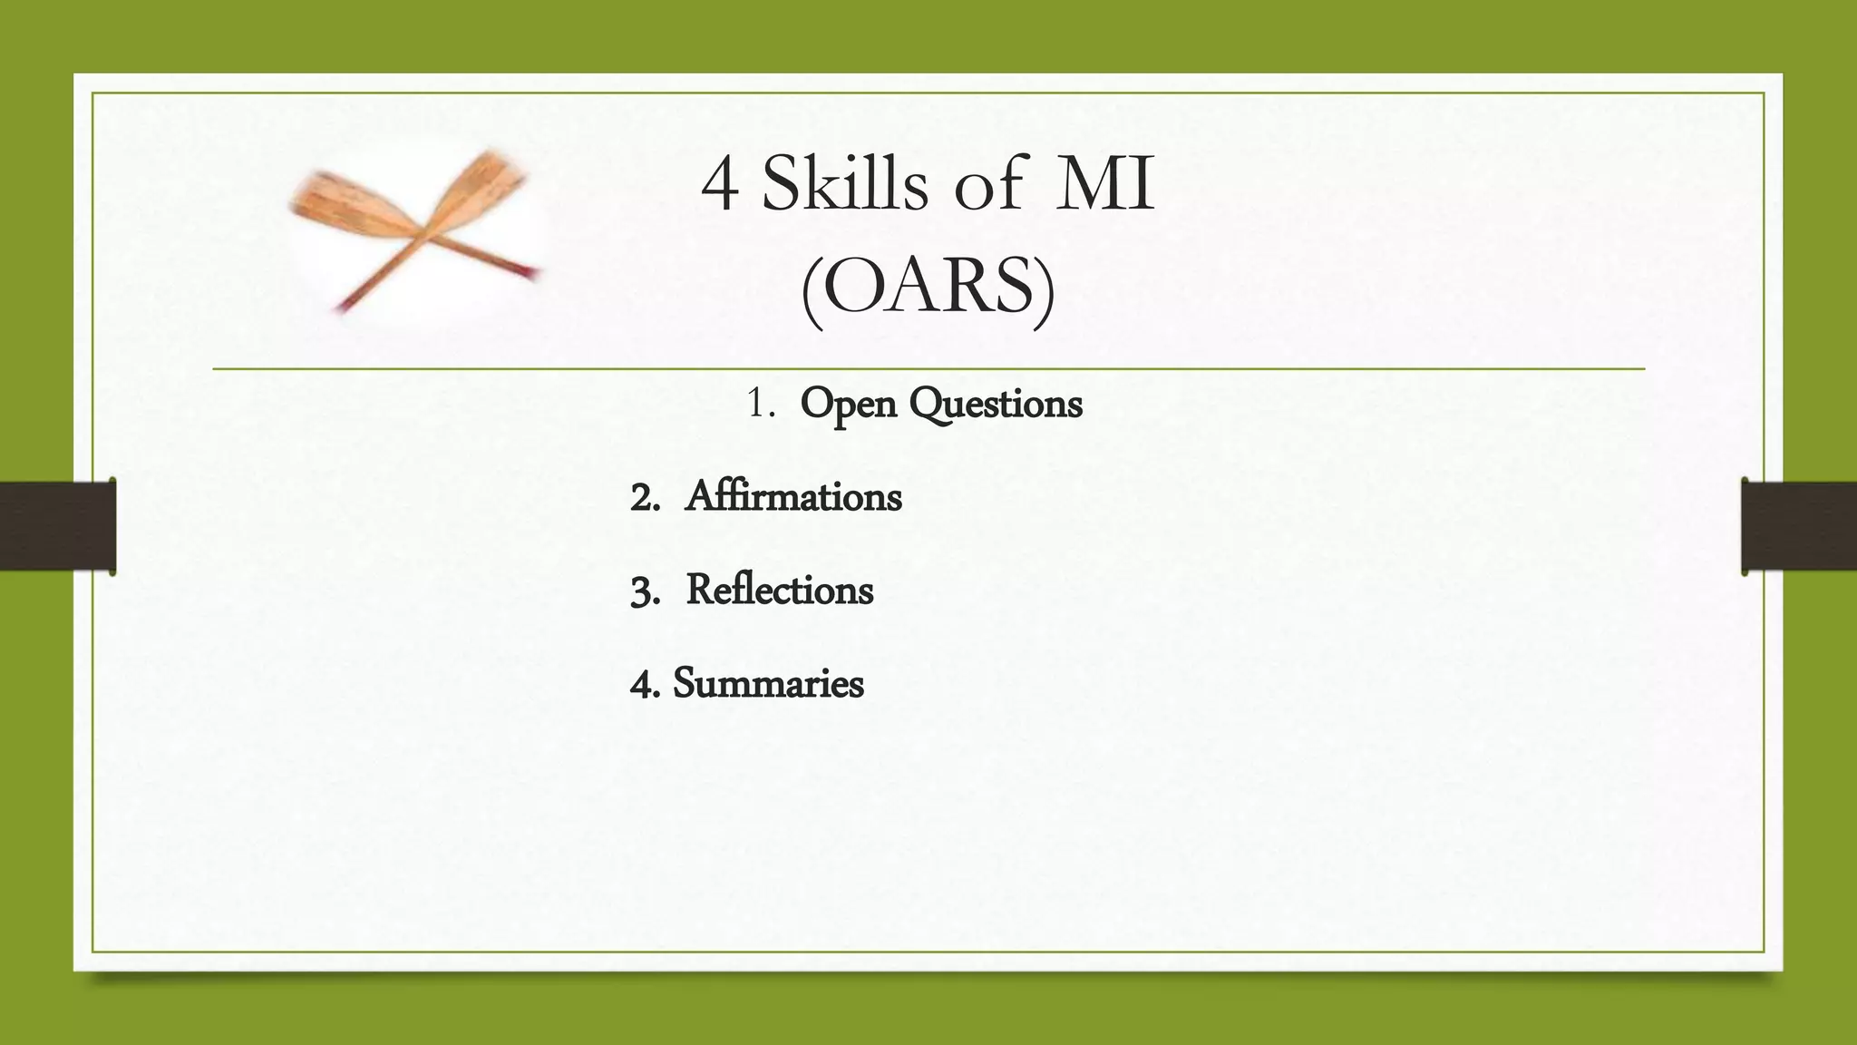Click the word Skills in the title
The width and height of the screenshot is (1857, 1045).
[845, 184]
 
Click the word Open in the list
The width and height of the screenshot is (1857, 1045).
[848, 404]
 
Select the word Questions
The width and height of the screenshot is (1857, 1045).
[996, 404]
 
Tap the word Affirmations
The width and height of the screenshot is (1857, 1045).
[793, 497]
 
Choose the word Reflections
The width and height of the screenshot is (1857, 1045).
[780, 591]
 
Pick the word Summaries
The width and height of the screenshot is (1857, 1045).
[768, 684]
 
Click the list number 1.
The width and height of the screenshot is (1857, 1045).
[759, 405]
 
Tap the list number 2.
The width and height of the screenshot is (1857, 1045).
[644, 498]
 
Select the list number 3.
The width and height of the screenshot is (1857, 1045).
[644, 591]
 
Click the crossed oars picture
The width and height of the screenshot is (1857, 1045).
[416, 231]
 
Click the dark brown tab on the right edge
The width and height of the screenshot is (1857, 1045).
[1799, 526]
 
